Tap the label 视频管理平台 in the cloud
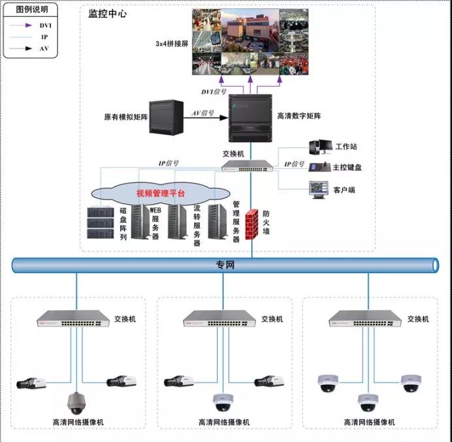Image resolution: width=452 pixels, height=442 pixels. pyautogui.click(x=160, y=193)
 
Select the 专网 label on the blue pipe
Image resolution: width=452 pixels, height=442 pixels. pyautogui.click(x=225, y=265)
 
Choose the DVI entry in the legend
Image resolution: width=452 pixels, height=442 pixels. pyautogui.click(x=44, y=25)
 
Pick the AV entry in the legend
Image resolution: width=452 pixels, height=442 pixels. pyautogui.click(x=44, y=49)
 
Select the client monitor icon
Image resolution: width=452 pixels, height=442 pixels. pyautogui.click(x=319, y=189)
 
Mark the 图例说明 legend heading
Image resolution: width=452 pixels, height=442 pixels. pyautogui.click(x=31, y=10)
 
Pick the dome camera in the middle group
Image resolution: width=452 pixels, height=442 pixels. pyautogui.click(x=223, y=402)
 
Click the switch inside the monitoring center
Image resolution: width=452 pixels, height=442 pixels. pyautogui.click(x=250, y=168)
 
